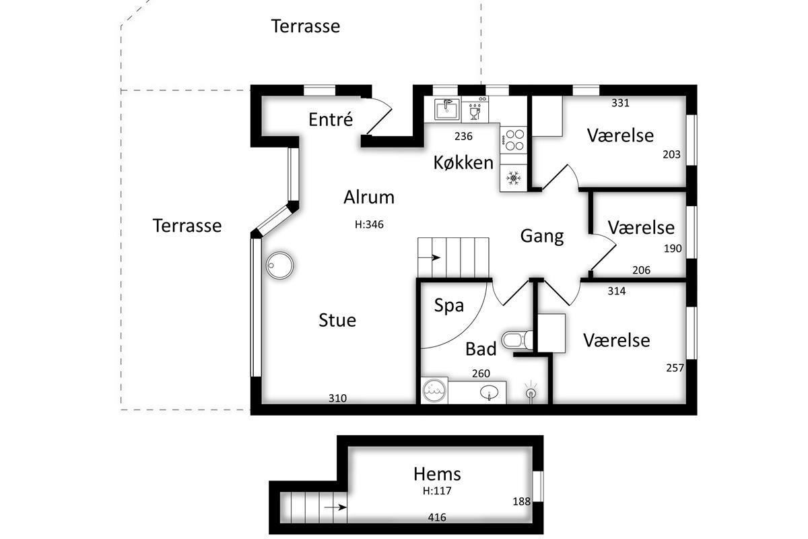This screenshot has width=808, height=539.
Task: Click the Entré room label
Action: (331, 119)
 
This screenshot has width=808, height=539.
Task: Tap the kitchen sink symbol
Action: (447, 109)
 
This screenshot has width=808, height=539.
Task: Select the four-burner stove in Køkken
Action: (514, 140)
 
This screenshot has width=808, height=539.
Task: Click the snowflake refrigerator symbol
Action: (513, 178)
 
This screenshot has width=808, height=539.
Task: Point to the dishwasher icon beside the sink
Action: (475, 109)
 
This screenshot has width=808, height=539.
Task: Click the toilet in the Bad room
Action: (517, 340)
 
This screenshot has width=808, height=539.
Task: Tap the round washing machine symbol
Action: (435, 391)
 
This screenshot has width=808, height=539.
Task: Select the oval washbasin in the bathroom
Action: (489, 392)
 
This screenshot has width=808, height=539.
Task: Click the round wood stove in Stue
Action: (279, 265)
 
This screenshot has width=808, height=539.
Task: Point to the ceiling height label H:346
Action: (369, 224)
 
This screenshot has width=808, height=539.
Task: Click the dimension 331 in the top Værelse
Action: (620, 103)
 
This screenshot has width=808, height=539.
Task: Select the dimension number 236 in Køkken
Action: (463, 136)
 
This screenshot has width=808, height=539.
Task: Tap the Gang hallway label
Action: (542, 236)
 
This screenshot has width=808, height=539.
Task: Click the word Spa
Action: (448, 306)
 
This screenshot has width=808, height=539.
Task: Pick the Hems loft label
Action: (437, 474)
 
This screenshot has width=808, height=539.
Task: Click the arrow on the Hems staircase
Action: (335, 507)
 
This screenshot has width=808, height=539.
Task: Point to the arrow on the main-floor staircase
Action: (430, 257)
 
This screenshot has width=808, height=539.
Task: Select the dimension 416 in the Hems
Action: (437, 517)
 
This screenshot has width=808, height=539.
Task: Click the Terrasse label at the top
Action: (305, 26)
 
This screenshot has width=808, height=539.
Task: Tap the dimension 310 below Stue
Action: (337, 398)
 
